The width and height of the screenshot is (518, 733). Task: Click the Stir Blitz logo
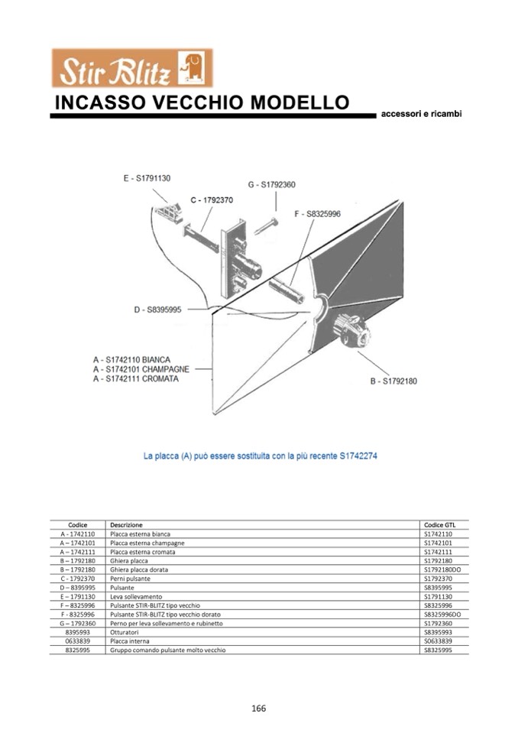click(131, 69)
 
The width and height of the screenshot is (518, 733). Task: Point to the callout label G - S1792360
click(271, 185)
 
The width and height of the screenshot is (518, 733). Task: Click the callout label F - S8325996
click(317, 215)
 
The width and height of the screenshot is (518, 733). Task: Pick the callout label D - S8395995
click(157, 310)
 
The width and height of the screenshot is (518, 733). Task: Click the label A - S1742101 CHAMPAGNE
click(141, 369)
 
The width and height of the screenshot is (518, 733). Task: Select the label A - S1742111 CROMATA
click(136, 379)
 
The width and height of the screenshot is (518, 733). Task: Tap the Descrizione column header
click(126, 525)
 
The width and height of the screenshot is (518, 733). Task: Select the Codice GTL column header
click(439, 525)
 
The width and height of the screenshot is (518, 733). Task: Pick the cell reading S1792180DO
click(442, 569)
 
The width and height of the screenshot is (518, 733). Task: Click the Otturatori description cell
click(125, 632)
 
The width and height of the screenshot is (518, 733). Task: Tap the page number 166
click(258, 708)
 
